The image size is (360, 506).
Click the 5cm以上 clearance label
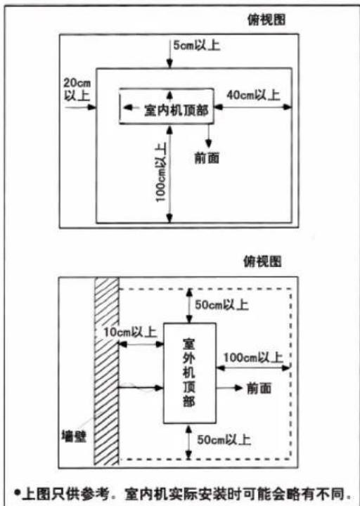(x=197, y=46)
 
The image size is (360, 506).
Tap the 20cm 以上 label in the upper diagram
(x=77, y=89)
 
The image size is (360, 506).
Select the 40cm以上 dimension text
(x=253, y=95)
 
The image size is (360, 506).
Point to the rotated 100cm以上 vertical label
(x=161, y=172)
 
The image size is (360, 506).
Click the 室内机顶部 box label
(x=176, y=111)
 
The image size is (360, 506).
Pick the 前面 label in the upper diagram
(x=207, y=158)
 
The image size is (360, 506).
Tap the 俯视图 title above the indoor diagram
(x=266, y=20)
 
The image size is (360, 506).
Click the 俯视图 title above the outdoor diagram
(x=262, y=261)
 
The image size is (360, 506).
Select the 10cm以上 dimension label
(x=130, y=332)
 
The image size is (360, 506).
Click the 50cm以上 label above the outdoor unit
(x=221, y=304)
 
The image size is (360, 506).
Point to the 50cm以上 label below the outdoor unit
(x=224, y=439)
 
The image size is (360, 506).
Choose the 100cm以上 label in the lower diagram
(x=253, y=358)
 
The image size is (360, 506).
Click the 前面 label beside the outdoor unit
(x=259, y=388)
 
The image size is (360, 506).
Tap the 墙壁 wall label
(x=74, y=436)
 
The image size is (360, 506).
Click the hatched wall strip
(x=107, y=371)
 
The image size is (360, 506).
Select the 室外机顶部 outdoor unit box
(x=190, y=373)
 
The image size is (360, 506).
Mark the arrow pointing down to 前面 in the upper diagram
(x=209, y=136)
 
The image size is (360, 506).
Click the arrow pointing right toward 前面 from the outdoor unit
(x=229, y=387)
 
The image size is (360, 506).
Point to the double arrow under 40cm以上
(x=253, y=107)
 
